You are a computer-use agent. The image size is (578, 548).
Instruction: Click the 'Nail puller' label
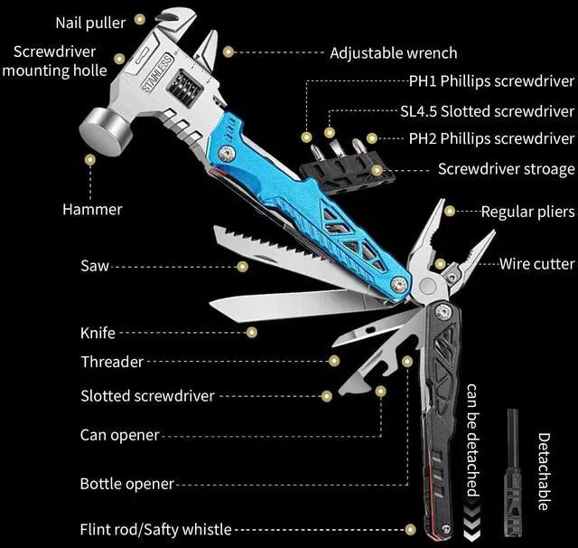90,21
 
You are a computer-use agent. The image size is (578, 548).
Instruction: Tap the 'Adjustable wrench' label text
393,53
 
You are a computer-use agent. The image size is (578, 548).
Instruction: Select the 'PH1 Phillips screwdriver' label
491,81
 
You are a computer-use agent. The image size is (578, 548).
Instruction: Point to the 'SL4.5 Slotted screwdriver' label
487,112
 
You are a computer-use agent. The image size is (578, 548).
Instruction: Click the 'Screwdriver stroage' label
506,169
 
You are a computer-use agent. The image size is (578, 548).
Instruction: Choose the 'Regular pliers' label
527,212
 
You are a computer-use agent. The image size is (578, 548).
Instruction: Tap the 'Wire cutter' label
537,264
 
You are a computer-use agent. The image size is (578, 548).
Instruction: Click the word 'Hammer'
92,209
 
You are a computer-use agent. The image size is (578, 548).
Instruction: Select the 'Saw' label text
94,266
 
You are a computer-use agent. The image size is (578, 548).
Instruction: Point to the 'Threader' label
112,362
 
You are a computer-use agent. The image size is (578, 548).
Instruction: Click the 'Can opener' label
120,435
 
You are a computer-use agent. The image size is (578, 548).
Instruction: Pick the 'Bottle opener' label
126,484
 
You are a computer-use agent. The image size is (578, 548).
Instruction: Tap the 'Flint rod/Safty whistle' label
155,529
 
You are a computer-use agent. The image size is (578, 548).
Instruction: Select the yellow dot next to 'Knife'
252,333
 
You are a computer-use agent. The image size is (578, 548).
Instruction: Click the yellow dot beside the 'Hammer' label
90,160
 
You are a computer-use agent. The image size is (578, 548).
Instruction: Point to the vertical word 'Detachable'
544,470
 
